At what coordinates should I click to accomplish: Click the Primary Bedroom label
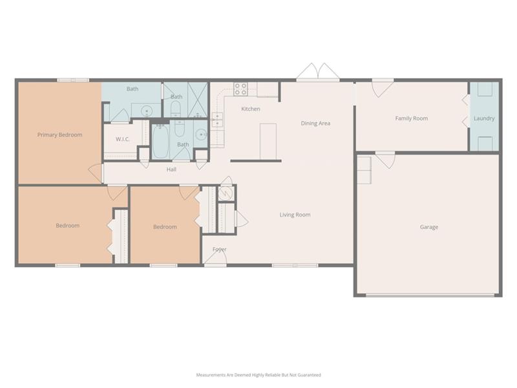(59, 135)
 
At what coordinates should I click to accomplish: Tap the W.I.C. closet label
(123, 139)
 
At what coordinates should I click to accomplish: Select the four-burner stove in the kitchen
(241, 89)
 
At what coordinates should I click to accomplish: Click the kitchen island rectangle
(268, 141)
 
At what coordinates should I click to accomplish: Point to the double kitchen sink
(218, 120)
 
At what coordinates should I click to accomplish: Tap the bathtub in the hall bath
(161, 142)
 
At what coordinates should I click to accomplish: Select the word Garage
(429, 227)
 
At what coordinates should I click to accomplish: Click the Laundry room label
(484, 118)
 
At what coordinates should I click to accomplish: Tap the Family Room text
(412, 118)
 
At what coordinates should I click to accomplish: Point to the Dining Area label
(316, 123)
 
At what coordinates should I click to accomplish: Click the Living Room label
(295, 215)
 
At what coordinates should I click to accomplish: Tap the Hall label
(171, 169)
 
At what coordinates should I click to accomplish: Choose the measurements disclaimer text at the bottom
(258, 374)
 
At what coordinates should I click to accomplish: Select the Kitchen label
(251, 109)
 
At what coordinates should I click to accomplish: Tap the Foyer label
(220, 249)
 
